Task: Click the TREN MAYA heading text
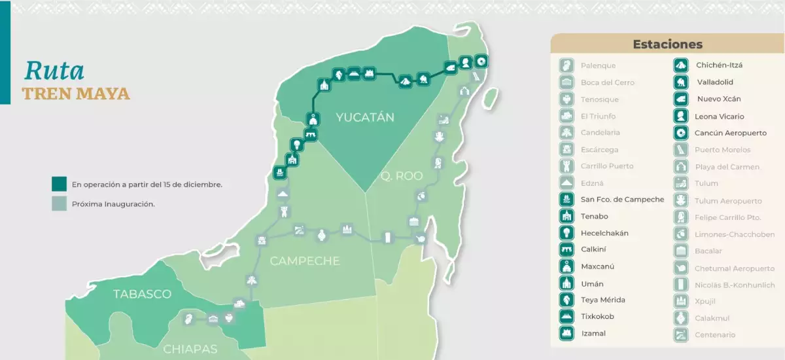tap(76, 94)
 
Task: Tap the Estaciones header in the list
tap(667, 45)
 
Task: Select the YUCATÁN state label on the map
tap(365, 118)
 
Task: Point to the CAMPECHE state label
tap(305, 261)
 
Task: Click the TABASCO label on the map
tap(142, 294)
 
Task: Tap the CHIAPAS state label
tap(190, 349)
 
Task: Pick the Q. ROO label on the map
tap(402, 176)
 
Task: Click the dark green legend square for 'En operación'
tap(60, 184)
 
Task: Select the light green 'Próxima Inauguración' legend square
tap(60, 204)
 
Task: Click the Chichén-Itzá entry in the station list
tap(719, 65)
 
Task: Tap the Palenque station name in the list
tap(598, 65)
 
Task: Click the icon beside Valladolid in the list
tap(681, 82)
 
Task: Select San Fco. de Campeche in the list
tap(622, 200)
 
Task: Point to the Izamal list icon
tap(567, 333)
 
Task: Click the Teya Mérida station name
tap(602, 300)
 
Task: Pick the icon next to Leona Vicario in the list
tap(681, 116)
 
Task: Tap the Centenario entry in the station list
tap(715, 335)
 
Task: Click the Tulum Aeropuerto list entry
tap(728, 201)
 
